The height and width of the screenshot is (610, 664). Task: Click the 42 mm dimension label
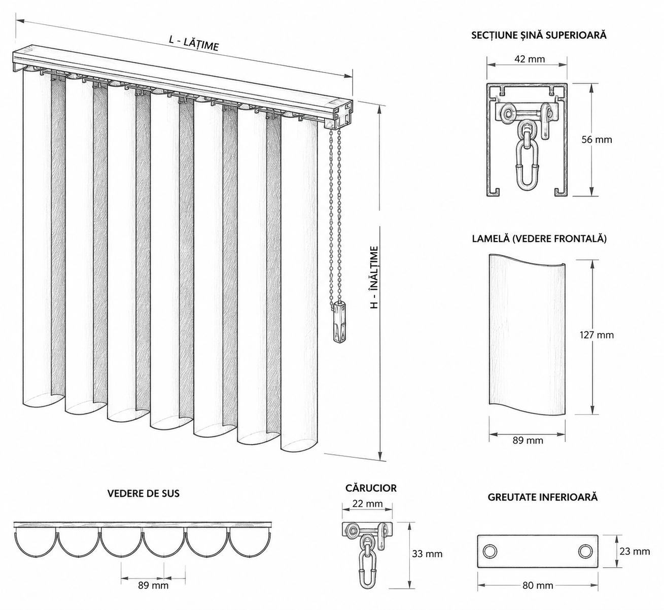click(530, 59)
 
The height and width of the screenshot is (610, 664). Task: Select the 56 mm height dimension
click(597, 140)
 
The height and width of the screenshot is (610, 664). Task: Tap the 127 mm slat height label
click(597, 335)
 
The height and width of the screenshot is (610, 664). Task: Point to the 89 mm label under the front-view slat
click(528, 440)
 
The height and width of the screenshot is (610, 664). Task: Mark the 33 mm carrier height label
click(427, 554)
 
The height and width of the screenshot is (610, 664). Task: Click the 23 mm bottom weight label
click(635, 551)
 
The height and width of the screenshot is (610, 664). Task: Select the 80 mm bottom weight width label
click(538, 586)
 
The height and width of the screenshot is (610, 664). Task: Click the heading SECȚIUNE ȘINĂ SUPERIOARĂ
click(539, 35)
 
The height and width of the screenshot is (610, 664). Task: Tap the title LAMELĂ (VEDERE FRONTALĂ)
click(539, 239)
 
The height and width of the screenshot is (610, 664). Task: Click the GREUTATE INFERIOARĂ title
click(543, 497)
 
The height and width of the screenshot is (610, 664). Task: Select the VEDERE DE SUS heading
click(144, 493)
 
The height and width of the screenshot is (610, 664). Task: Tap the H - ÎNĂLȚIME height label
click(374, 278)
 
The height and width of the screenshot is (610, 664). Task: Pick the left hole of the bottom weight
click(490, 552)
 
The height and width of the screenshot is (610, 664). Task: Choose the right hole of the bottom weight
click(585, 552)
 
